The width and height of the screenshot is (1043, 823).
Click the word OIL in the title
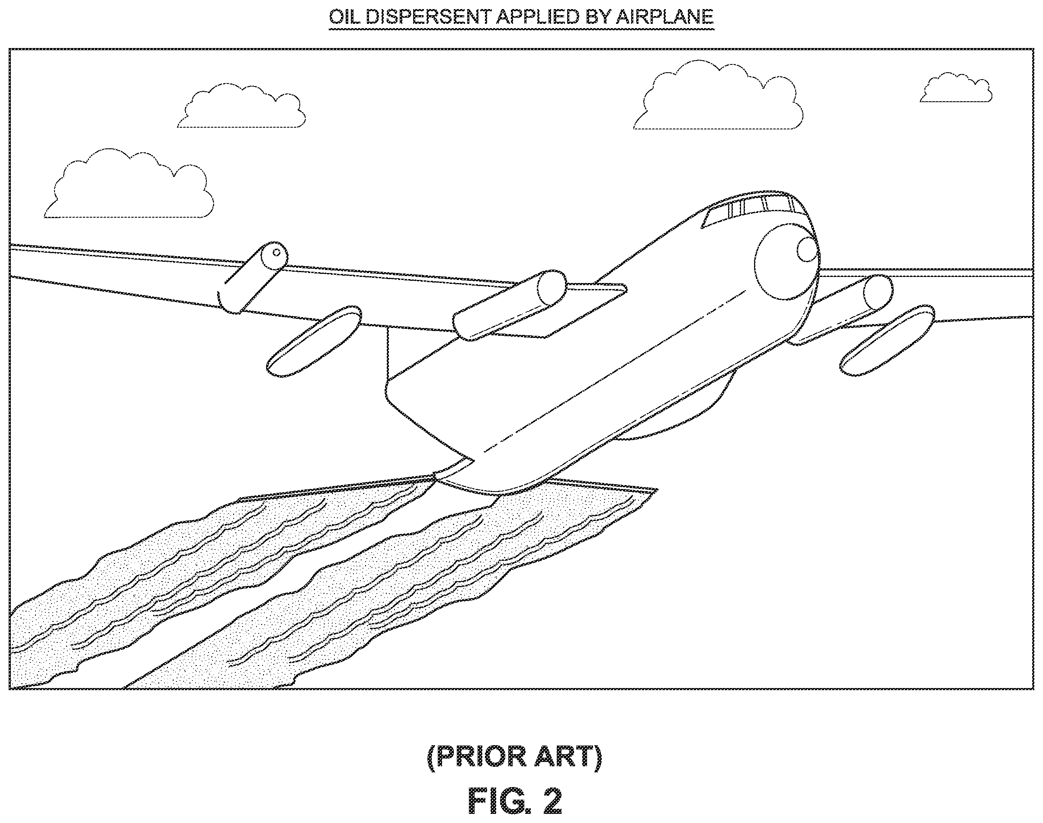coord(344,17)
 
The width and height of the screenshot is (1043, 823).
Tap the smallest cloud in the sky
coord(956,88)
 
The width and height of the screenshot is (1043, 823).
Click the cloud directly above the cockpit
coord(718,96)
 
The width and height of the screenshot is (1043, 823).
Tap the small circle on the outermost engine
coord(276,253)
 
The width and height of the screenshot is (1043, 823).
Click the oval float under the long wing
coord(314,341)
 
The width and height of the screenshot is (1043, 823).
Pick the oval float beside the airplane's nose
coord(887,340)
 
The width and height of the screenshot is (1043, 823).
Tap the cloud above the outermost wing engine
coord(241,106)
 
